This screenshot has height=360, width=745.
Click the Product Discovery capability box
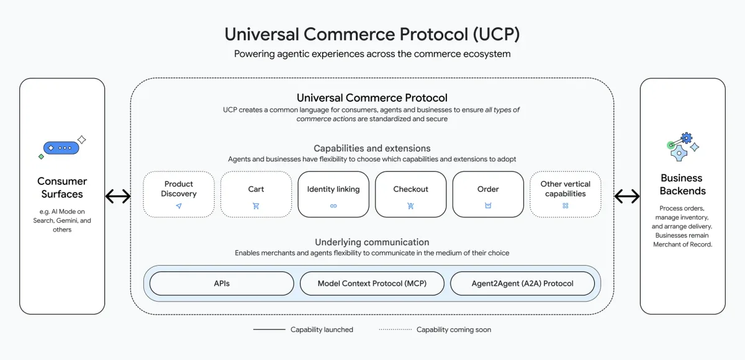[178, 194]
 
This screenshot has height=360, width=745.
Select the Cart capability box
[256, 194]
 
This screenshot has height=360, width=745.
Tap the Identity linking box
[333, 194]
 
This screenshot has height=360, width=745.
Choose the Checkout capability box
[410, 194]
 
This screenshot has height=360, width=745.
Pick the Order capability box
[488, 194]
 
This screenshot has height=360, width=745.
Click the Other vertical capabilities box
[565, 194]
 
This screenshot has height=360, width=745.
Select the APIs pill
[222, 283]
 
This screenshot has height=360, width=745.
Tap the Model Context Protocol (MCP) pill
[372, 283]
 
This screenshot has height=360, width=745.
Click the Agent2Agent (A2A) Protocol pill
[522, 283]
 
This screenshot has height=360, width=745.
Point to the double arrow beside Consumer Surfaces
[118, 197]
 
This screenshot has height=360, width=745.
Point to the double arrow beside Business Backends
[627, 197]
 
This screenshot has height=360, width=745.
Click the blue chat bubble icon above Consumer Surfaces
[61, 148]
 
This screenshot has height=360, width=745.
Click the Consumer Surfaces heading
[62, 187]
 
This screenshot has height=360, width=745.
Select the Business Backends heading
[682, 184]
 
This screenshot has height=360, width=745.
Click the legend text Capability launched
[322, 330]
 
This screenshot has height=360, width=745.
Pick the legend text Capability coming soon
[453, 330]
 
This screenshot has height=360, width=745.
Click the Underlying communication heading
[372, 242]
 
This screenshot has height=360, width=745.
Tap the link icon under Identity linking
[333, 205]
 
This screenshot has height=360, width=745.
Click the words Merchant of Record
[682, 245]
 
